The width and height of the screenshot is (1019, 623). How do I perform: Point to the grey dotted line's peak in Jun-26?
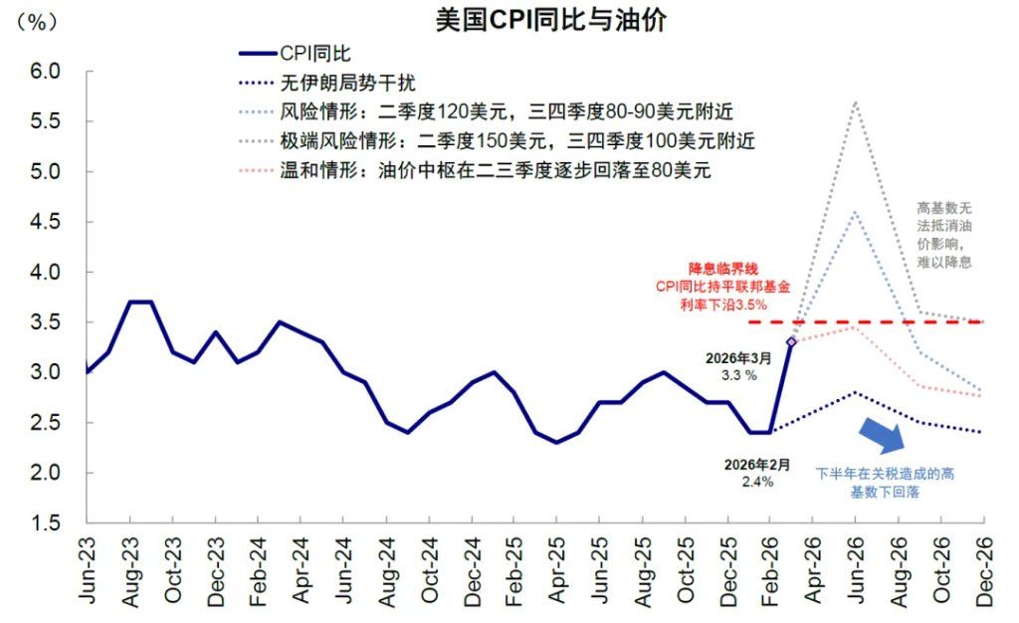pyautogui.click(x=855, y=102)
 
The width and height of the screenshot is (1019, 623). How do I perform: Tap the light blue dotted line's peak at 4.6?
pyautogui.click(x=855, y=212)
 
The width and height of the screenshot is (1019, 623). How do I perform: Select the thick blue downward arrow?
pyautogui.click(x=882, y=435)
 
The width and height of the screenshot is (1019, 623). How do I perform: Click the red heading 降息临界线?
pyautogui.click(x=723, y=269)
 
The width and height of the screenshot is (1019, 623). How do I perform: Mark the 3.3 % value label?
pyautogui.click(x=739, y=375)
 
